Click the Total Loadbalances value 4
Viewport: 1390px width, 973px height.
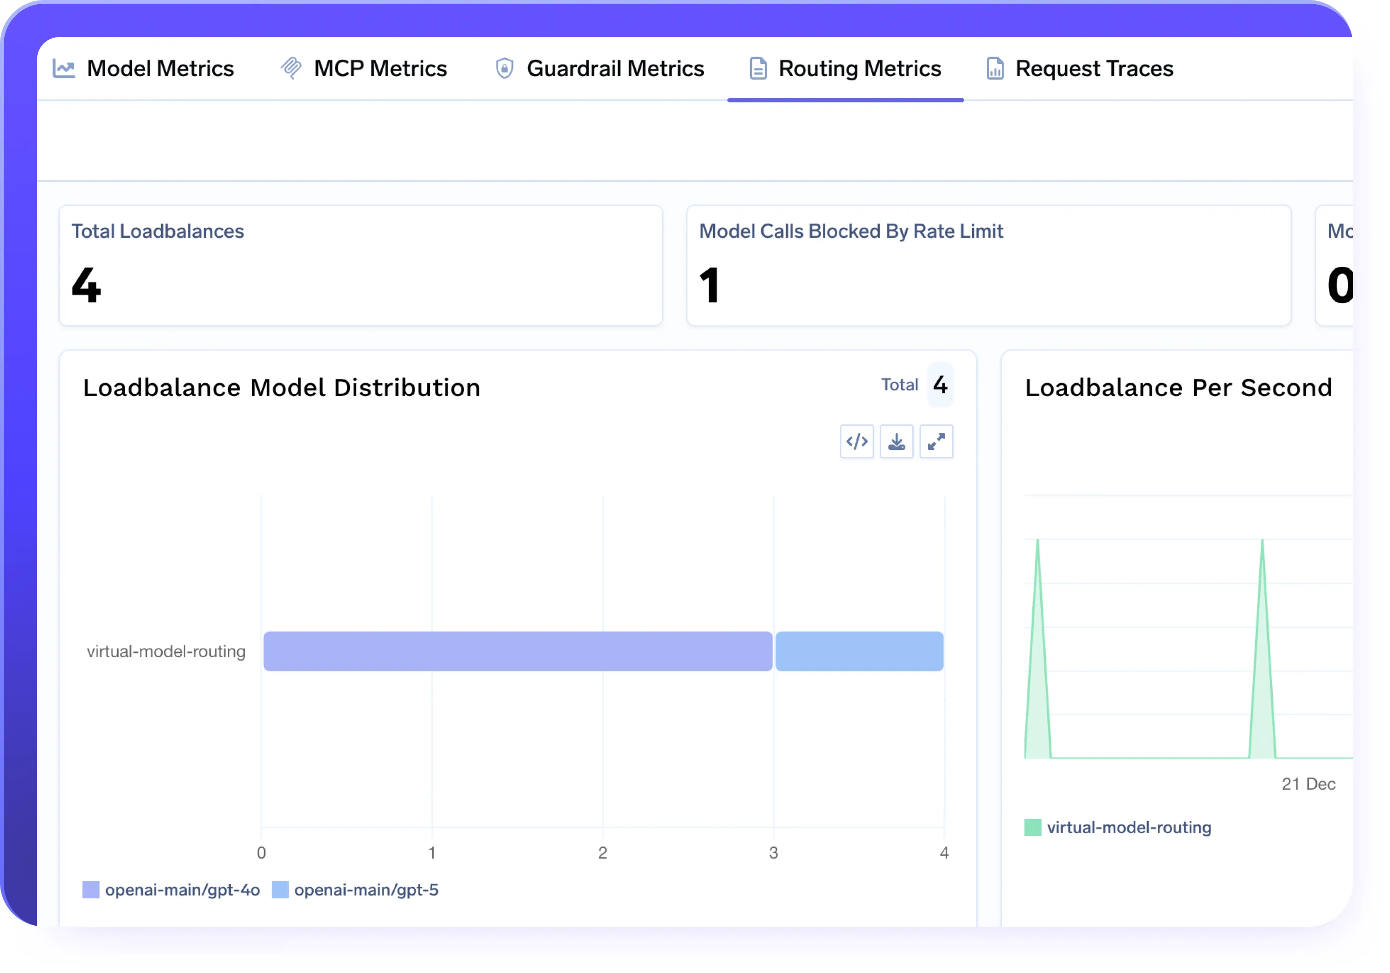click(x=86, y=285)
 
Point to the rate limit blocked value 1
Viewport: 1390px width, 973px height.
click(x=709, y=285)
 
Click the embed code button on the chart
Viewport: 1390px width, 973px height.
click(x=857, y=442)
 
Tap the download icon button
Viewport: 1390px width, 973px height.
click(x=897, y=442)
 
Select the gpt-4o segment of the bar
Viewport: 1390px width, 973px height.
click(x=518, y=651)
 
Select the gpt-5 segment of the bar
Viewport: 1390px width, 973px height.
click(x=859, y=651)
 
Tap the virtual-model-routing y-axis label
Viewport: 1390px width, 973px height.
click(x=166, y=651)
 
